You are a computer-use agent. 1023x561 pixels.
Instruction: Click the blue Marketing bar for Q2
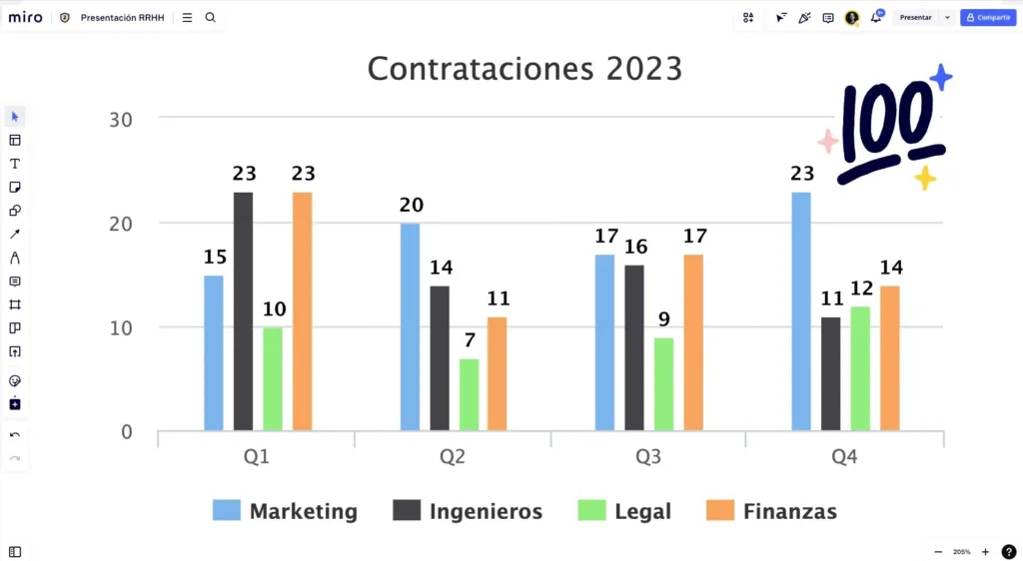tap(410, 327)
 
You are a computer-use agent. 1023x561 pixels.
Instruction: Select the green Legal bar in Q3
tap(663, 384)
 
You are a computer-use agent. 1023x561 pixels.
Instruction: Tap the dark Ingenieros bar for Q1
tap(243, 311)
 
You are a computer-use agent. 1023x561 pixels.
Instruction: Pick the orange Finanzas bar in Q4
tap(889, 358)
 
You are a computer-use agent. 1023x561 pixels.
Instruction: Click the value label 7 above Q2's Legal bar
tap(469, 339)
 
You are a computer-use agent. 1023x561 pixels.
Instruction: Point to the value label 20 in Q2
tap(411, 205)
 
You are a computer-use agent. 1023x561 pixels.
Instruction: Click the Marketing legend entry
tap(303, 511)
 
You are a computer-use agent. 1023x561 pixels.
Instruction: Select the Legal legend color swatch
tap(591, 511)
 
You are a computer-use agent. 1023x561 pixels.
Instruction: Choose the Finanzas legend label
tap(789, 511)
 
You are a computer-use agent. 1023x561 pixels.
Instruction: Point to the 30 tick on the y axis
tap(120, 119)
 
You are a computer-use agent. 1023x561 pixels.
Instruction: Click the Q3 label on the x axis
tap(648, 457)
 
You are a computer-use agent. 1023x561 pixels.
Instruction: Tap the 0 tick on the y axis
tap(126, 431)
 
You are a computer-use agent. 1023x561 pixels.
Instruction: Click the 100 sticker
tap(886, 128)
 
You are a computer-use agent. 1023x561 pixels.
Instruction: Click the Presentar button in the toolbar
tap(915, 17)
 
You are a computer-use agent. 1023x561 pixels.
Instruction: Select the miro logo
tap(26, 17)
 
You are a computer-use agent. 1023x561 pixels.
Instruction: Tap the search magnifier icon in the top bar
tap(210, 17)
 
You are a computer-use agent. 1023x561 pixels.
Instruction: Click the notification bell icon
tap(876, 17)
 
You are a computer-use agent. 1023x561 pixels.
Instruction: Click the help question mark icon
tap(1009, 551)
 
